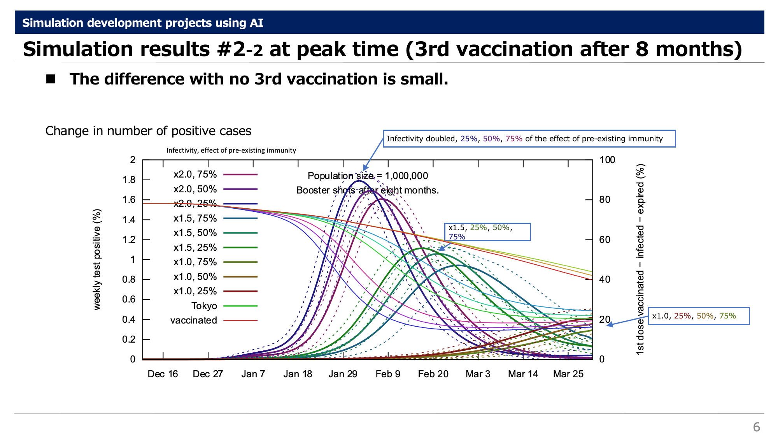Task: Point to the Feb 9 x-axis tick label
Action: [388, 374]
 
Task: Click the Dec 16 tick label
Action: [163, 374]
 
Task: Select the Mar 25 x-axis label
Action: [568, 374]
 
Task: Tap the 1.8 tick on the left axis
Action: [129, 180]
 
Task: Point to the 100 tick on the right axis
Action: [607, 160]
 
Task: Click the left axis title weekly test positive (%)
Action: [97, 259]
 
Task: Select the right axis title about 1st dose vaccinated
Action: [640, 259]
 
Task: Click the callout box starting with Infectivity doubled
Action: [529, 139]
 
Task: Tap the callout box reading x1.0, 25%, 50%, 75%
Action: [699, 316]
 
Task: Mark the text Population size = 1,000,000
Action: [368, 176]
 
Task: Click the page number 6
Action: [756, 427]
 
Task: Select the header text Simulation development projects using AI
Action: [143, 23]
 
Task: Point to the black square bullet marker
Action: [51, 79]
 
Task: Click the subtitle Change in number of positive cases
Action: [148, 131]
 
